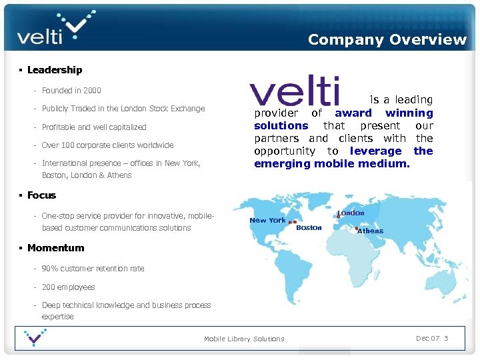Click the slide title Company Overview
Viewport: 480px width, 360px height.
click(387, 39)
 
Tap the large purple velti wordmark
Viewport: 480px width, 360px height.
click(294, 92)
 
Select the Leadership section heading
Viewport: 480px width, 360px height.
click(55, 70)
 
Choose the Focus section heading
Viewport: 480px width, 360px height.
click(41, 195)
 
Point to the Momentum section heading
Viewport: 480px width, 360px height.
click(55, 248)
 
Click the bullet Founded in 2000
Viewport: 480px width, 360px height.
click(71, 91)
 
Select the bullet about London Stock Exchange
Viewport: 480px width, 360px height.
click(123, 109)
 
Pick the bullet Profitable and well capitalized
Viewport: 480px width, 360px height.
click(94, 127)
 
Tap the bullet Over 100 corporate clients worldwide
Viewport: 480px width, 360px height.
click(107, 145)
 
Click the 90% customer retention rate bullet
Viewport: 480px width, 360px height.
click(93, 269)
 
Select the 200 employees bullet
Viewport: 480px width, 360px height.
click(68, 287)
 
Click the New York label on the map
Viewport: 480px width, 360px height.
click(267, 221)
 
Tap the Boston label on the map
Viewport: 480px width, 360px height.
click(309, 228)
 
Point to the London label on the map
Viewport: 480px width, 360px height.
click(351, 213)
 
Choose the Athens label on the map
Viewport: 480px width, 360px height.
click(370, 231)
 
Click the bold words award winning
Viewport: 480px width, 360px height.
click(383, 113)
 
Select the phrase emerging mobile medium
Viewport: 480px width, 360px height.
click(331, 164)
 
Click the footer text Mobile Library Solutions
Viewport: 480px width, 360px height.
click(244, 339)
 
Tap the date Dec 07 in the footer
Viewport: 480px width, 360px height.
click(427, 338)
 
